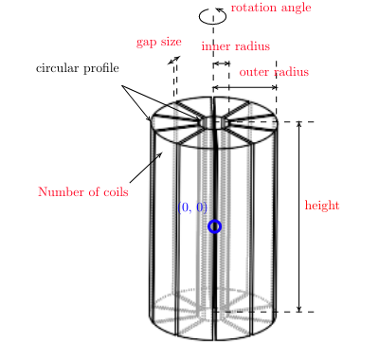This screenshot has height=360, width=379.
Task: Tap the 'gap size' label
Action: coord(158,42)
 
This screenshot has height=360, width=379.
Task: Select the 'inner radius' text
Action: coord(235,46)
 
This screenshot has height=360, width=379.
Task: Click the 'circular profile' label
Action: coord(78,68)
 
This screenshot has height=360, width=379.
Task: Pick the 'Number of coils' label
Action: coord(83,192)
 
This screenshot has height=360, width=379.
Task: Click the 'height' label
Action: coord(322,206)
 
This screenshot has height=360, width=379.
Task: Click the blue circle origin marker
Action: coord(214,226)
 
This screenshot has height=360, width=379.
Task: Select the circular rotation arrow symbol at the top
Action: coord(212,15)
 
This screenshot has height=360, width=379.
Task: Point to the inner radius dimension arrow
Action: coord(221,63)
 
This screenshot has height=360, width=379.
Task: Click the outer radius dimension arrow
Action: coord(244,87)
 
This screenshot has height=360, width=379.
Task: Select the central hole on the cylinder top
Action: coord(214,122)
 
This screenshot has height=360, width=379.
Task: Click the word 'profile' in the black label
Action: coord(101,68)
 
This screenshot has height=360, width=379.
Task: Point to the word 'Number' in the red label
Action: coord(59,192)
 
